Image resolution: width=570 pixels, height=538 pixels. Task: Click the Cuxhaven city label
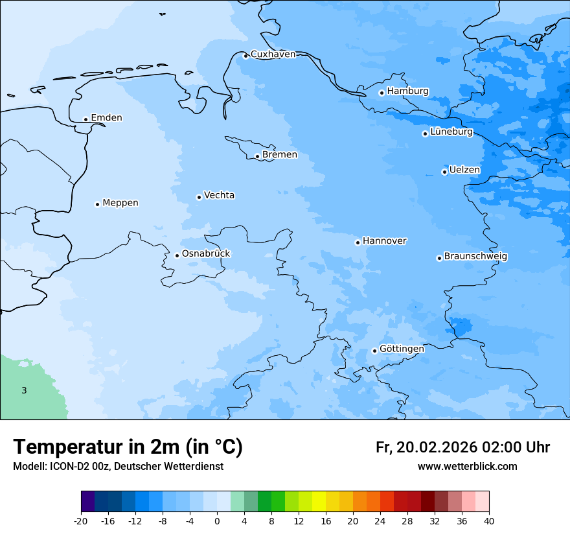[273, 54]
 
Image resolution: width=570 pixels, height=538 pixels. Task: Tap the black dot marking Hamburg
[382, 93]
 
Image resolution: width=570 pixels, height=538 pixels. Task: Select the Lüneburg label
[451, 132]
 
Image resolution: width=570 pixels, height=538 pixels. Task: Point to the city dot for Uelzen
[444, 172]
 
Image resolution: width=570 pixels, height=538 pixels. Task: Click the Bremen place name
[280, 155]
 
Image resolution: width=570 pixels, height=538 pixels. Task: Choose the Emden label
[106, 118]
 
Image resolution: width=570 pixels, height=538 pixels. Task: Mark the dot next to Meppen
[97, 204]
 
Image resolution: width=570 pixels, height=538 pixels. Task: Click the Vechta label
[219, 195]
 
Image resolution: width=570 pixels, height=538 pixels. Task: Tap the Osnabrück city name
[206, 253]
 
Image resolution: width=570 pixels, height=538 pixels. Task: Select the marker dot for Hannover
[358, 242]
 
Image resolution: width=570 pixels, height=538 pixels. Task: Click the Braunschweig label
[475, 257]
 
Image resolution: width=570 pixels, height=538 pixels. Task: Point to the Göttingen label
[402, 349]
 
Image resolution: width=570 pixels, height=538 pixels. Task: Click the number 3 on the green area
[24, 390]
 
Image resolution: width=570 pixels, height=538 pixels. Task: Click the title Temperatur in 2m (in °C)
[128, 447]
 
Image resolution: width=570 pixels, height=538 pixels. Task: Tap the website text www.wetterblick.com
[467, 466]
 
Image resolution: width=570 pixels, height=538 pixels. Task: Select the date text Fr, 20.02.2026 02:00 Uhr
[462, 447]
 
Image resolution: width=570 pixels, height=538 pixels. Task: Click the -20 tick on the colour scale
[81, 521]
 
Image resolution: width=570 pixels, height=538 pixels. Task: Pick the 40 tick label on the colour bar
[489, 521]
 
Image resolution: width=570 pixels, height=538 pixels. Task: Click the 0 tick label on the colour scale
[217, 521]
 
